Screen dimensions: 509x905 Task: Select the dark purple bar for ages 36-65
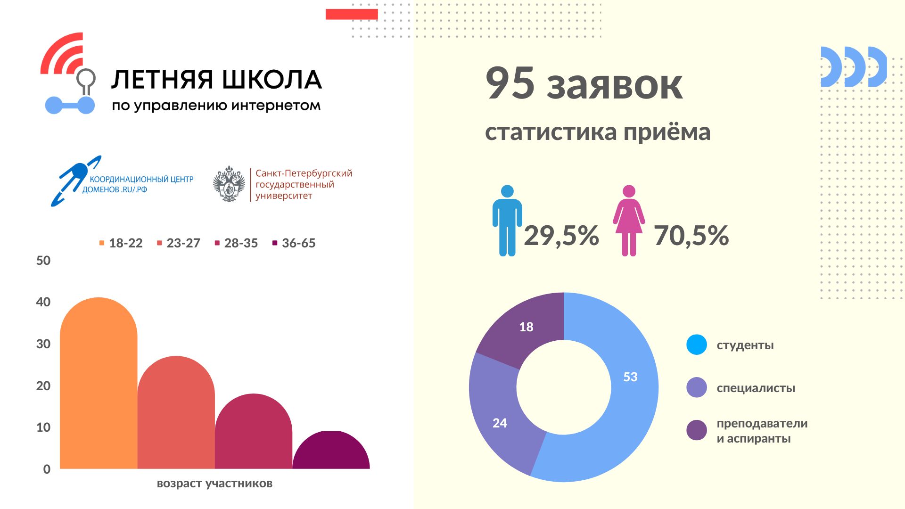tap(331, 452)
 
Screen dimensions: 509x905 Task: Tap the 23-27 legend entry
tap(179, 243)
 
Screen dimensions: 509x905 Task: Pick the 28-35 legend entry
tap(236, 243)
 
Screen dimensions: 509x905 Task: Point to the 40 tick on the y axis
tap(43, 302)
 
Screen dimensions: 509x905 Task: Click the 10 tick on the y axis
tap(43, 427)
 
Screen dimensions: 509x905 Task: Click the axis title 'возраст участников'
tap(214, 484)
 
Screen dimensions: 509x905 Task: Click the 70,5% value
tap(691, 236)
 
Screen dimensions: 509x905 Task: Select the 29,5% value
tap(561, 236)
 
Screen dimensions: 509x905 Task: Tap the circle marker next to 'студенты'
tap(697, 345)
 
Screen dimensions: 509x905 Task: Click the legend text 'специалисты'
tap(756, 388)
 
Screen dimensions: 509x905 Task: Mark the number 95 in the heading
tap(510, 83)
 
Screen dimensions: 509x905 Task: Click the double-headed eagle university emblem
tap(229, 184)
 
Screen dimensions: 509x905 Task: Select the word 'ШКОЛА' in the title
tap(272, 80)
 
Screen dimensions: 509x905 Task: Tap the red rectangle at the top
tap(352, 14)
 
